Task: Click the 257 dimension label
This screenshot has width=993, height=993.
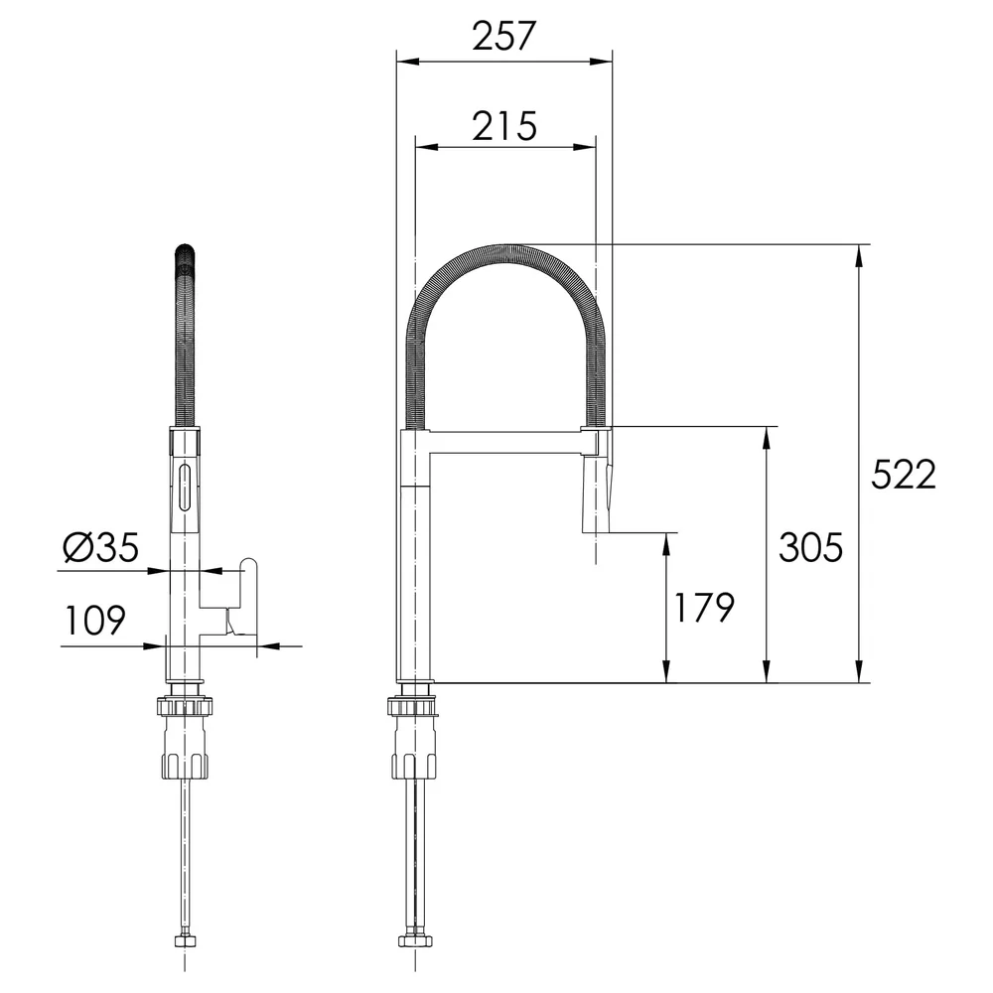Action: [x=504, y=36]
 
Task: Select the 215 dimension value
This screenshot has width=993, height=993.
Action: [x=504, y=126]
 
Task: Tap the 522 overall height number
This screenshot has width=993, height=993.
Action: [x=903, y=474]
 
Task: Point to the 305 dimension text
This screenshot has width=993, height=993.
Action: [x=810, y=547]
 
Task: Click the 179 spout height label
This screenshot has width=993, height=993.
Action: [x=703, y=608]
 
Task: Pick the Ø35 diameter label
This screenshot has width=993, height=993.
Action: [x=100, y=547]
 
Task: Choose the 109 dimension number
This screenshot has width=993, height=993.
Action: [x=95, y=620]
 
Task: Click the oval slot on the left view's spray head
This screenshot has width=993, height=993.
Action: [x=185, y=487]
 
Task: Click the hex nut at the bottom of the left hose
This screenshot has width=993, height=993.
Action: [x=185, y=940]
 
